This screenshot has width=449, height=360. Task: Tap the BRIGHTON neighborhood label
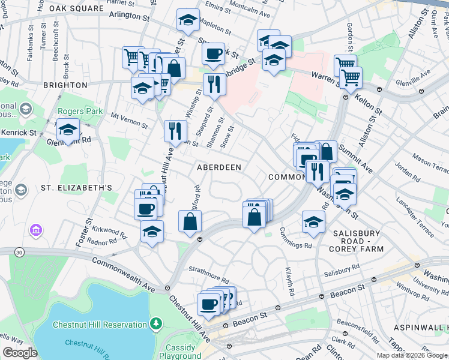point(65,85)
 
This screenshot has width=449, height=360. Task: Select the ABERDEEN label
point(219,167)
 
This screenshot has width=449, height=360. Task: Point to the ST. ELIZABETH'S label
point(76,188)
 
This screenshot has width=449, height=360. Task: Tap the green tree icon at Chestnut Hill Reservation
point(157,324)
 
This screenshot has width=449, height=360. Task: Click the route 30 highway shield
point(20,253)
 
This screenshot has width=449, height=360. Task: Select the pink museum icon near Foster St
point(35,230)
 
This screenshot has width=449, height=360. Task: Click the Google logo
point(20,353)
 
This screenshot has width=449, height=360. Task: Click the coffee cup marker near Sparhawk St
point(212,54)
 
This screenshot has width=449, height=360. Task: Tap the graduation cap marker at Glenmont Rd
point(68,130)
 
